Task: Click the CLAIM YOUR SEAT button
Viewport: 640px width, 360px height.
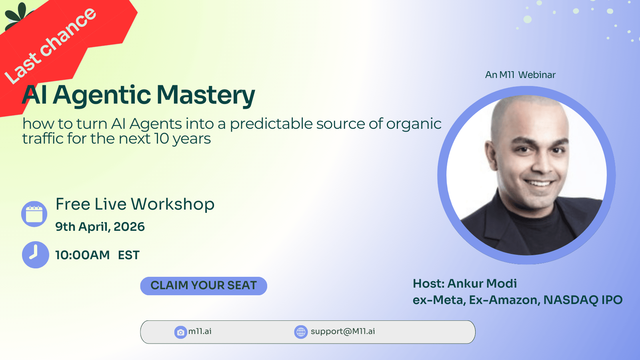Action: click(x=204, y=286)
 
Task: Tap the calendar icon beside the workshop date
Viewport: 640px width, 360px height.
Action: click(x=34, y=214)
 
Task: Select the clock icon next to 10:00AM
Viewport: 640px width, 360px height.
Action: click(x=36, y=254)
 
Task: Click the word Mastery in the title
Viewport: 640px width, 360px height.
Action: click(x=206, y=96)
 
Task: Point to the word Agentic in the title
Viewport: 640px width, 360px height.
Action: click(x=102, y=96)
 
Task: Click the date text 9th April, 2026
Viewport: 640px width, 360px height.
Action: click(x=100, y=226)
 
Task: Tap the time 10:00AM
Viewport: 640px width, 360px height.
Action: click(x=82, y=255)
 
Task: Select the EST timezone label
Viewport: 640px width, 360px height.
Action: click(x=129, y=255)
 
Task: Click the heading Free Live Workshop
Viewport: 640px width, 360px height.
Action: click(x=135, y=204)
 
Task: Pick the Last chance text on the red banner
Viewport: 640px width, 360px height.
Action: click(x=50, y=46)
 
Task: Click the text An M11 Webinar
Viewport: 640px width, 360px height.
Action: click(x=520, y=75)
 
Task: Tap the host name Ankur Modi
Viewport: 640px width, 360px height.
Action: click(x=482, y=284)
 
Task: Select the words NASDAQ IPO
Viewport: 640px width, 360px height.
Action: click(x=583, y=300)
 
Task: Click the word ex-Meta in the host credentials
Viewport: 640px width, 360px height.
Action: click(x=439, y=300)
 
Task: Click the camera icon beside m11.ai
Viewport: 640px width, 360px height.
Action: click(x=180, y=332)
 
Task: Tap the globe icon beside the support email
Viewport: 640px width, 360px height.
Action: click(x=301, y=332)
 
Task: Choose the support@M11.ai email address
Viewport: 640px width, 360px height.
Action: click(x=343, y=332)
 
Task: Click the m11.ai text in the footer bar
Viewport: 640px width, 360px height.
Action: click(x=200, y=332)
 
